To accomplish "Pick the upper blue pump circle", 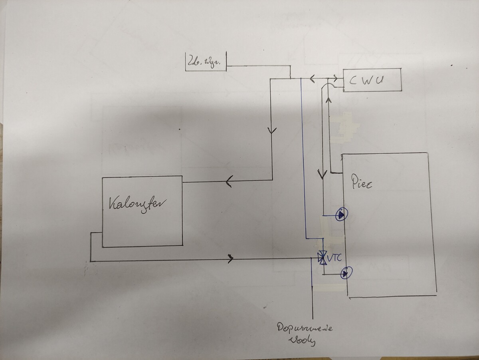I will [x=342, y=215].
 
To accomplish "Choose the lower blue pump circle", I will [x=345, y=274].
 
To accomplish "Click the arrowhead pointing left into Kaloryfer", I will [x=229, y=182].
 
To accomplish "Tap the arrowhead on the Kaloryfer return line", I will [x=231, y=259].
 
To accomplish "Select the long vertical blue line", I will [x=302, y=160].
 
